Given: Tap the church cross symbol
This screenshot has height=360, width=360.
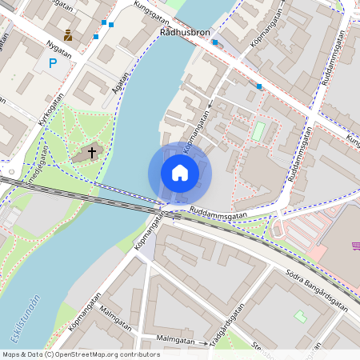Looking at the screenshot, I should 92,151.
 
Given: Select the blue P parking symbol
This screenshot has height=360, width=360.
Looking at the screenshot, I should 53,63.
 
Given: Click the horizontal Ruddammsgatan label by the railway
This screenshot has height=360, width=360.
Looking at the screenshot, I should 218,214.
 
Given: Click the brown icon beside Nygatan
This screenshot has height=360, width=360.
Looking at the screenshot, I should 68,35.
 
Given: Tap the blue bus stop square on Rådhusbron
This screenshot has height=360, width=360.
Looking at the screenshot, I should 214,42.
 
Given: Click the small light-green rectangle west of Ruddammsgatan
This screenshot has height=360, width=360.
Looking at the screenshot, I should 258,130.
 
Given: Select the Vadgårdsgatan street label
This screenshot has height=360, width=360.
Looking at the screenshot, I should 227,328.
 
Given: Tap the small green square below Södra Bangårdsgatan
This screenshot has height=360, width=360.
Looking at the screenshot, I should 300,317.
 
